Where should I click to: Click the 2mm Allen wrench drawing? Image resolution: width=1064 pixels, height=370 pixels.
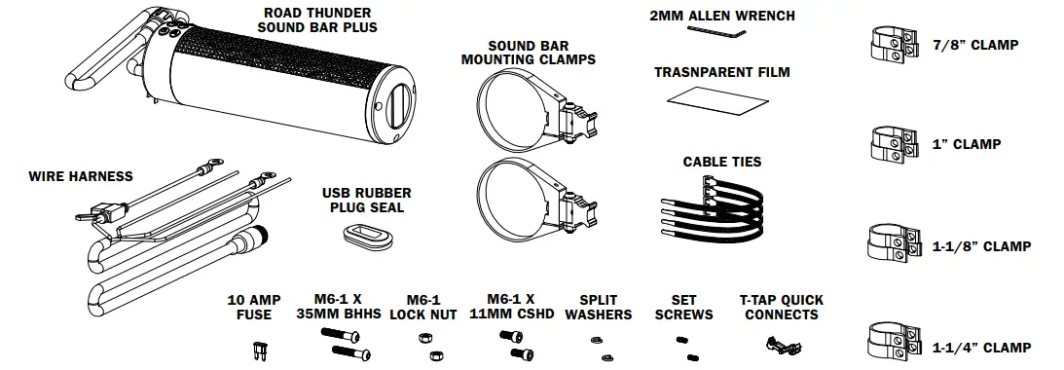[715, 32]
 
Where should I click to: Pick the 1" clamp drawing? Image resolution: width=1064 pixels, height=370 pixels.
[892, 143]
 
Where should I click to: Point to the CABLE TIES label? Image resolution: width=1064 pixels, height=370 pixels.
[721, 162]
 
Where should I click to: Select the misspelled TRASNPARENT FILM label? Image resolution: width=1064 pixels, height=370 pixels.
[721, 73]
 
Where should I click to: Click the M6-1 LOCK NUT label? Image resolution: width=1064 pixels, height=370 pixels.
[422, 308]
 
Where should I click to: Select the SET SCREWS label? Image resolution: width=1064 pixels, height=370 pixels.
[691, 308]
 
